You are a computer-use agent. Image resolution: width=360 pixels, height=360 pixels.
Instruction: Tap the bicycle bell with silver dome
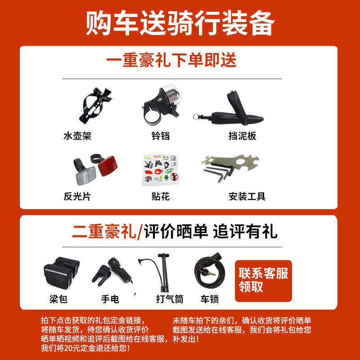[x=162, y=105]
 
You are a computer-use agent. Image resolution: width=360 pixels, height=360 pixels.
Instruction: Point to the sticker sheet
[x=160, y=170]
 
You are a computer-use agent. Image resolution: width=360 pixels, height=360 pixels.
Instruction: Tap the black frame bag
[x=61, y=273]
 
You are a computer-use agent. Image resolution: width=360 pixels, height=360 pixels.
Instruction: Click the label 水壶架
[x=77, y=136]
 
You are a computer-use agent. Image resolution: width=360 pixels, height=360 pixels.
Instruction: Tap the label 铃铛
[x=161, y=136]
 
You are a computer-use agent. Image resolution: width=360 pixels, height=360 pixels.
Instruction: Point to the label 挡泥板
[x=242, y=136]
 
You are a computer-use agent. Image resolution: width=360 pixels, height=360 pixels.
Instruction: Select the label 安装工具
[x=247, y=197]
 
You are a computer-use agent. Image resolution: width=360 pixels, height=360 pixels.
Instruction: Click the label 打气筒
[x=170, y=299]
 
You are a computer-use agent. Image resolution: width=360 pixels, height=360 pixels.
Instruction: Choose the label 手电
[x=110, y=299]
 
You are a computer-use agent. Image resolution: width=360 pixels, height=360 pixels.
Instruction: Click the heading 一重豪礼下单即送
[x=171, y=60]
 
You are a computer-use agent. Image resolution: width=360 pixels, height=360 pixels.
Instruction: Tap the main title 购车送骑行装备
[x=180, y=23]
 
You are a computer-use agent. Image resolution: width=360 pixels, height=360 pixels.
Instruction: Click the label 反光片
[x=77, y=197]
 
